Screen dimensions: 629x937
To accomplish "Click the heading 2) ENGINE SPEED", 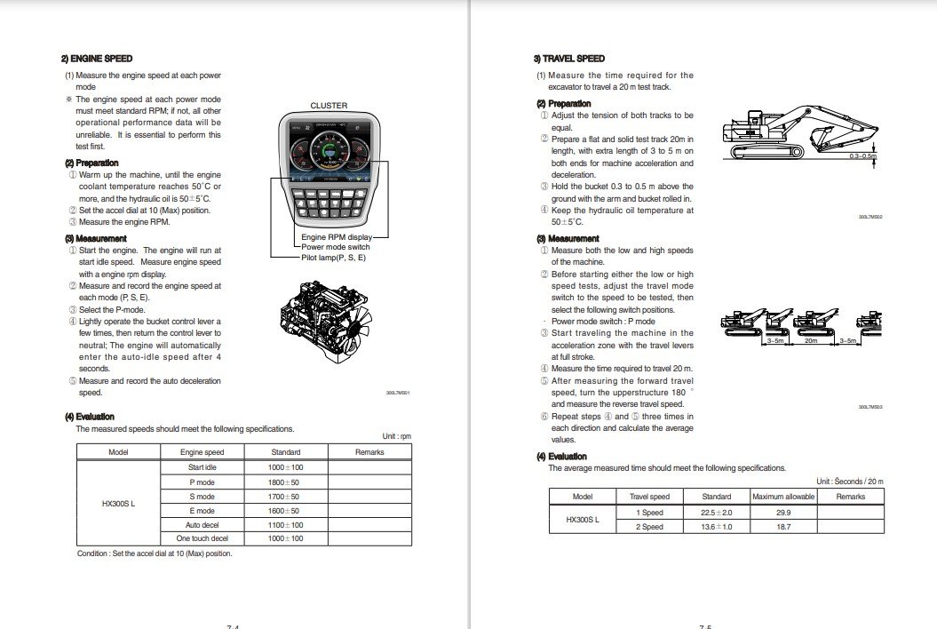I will point(97,59).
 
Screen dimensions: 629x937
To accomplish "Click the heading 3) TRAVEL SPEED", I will point(568,59).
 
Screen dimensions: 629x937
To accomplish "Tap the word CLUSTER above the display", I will point(329,106).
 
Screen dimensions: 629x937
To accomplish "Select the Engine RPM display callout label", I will point(337,237).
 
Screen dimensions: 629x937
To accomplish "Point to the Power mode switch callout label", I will point(336,247).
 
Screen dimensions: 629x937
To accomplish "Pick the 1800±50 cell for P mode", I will point(285,482).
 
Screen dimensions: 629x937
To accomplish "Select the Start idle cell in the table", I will point(202,467).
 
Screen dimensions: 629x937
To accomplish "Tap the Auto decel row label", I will point(202,524).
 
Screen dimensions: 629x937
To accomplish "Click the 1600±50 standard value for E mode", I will point(285,511).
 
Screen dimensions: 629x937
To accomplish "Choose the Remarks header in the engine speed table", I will point(369,452).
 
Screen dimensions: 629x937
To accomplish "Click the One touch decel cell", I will point(202,538).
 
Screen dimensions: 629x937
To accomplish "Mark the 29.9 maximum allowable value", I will point(783,513).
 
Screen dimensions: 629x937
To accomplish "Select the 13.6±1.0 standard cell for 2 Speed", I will point(716,527).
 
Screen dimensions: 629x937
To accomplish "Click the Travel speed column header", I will point(649,497).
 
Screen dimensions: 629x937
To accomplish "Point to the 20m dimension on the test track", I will point(810,340).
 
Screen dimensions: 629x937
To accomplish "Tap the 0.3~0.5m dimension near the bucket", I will point(862,155).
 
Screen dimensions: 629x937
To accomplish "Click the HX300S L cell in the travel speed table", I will point(583,520).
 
